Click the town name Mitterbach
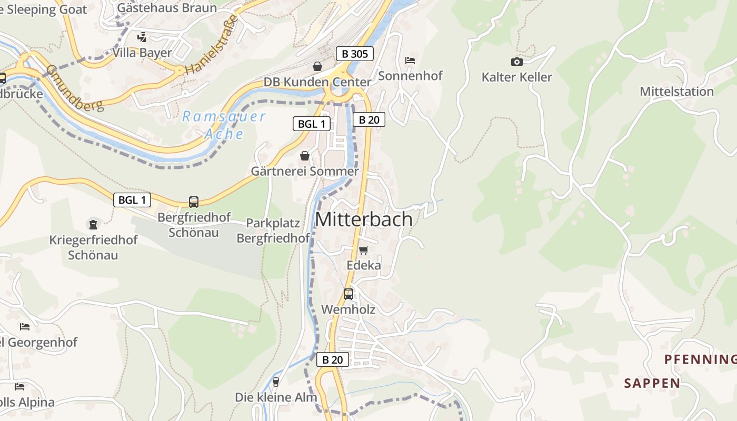(364, 219)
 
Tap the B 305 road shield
(355, 53)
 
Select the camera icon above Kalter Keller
(517, 62)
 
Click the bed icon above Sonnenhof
(410, 61)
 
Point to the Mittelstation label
(676, 92)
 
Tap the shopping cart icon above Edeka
(363, 250)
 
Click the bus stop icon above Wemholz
(348, 294)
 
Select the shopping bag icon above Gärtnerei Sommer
(304, 156)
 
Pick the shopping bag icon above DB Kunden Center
(317, 66)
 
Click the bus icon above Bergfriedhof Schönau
(194, 202)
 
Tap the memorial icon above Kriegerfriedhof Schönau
(93, 225)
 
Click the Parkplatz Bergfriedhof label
(273, 230)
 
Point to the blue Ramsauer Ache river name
(224, 125)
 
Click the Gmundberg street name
(74, 88)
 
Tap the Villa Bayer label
(142, 53)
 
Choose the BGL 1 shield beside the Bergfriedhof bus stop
(132, 200)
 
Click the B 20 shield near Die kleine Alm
(332, 360)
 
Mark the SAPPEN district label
(652, 383)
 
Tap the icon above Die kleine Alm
(275, 382)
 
